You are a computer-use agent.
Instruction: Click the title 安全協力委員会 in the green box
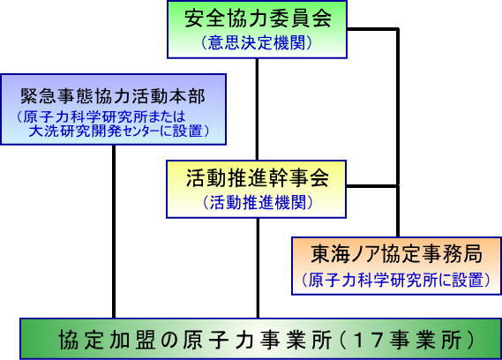258,19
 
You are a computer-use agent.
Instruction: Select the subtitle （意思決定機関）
257,42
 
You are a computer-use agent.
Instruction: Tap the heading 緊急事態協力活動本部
113,96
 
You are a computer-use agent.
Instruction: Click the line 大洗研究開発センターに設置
116,131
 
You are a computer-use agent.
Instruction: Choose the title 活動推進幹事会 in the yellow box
258,177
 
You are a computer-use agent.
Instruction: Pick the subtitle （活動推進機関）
258,202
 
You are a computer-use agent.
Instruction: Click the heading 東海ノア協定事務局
396,254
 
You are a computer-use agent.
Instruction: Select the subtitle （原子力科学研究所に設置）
396,280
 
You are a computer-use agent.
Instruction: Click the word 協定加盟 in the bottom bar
107,340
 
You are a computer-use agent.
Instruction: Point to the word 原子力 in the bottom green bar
214,340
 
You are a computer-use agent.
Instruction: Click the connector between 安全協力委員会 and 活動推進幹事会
257,109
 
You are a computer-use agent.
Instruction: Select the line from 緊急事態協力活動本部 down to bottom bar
114,231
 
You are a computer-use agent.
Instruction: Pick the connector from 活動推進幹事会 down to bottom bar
258,268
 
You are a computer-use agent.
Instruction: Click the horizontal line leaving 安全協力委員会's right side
373,29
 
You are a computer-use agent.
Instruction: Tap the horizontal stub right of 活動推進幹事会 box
372,186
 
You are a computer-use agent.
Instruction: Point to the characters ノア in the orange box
363,254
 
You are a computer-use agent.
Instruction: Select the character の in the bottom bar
169,340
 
